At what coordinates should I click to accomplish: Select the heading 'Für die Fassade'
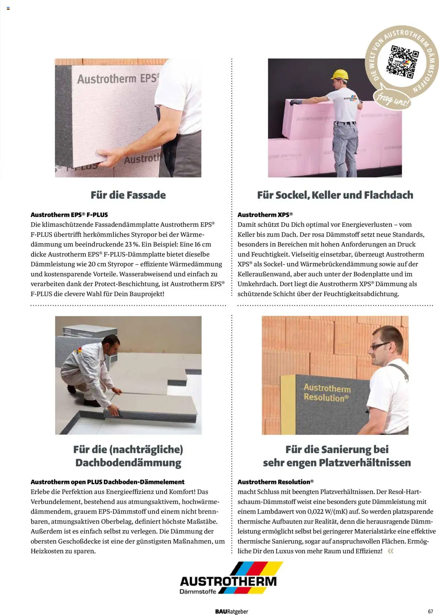(x=128, y=195)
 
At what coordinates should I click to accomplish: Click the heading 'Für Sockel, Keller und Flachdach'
(x=335, y=195)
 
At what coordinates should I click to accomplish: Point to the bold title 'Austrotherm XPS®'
(x=265, y=215)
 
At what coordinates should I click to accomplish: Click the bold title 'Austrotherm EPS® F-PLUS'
(x=69, y=215)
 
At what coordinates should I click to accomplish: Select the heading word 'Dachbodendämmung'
(x=128, y=463)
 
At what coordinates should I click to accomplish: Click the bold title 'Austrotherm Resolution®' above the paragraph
(x=275, y=482)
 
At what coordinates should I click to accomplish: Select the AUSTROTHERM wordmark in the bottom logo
(x=228, y=581)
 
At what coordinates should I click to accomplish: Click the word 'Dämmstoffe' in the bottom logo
(x=198, y=591)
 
